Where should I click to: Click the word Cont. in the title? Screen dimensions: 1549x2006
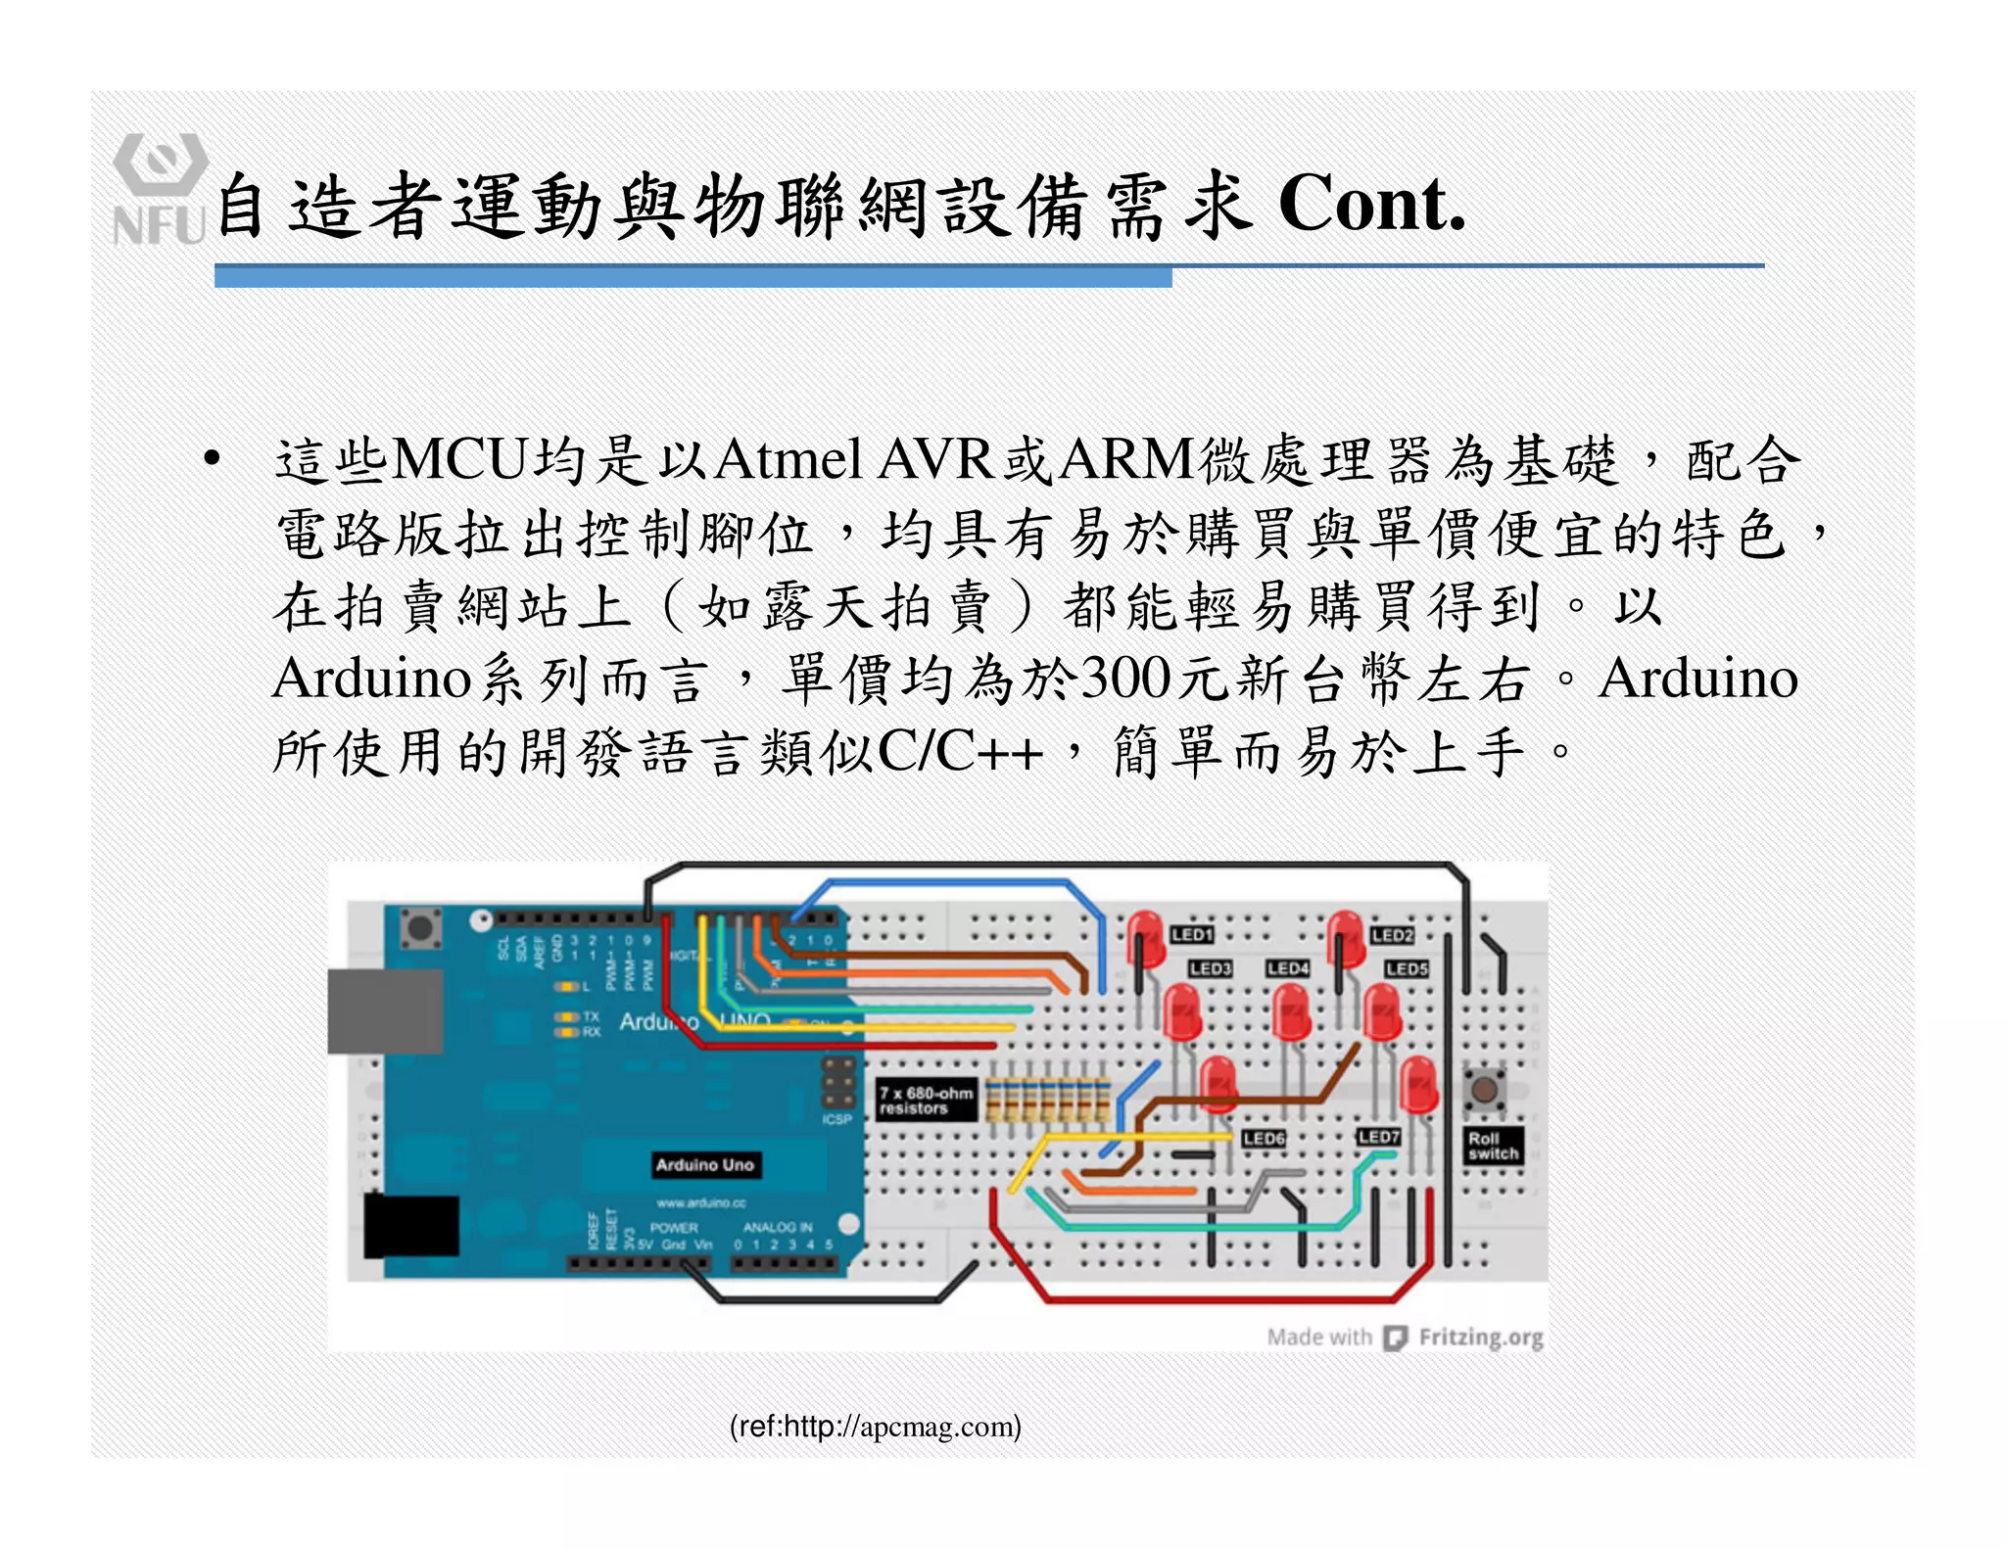[x=1371, y=205]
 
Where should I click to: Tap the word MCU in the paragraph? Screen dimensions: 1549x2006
[x=459, y=459]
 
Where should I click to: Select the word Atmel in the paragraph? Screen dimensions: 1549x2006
[x=788, y=459]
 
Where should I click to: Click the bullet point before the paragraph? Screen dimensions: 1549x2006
[x=212, y=459]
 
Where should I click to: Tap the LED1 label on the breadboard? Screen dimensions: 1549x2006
[x=1192, y=935]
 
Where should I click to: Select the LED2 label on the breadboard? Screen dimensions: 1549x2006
[x=1392, y=936]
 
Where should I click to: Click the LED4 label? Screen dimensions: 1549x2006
[x=1287, y=968]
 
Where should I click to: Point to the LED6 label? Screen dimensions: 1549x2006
[x=1264, y=1139]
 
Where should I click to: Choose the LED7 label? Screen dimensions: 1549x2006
[x=1378, y=1137]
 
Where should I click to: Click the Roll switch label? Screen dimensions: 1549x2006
[x=1492, y=1147]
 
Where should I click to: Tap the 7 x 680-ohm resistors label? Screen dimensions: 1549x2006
[x=927, y=1101]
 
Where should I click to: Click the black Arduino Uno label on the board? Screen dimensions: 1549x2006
[x=704, y=1165]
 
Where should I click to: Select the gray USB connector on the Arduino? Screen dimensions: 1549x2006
[x=384, y=1011]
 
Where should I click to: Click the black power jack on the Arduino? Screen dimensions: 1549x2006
[x=410, y=1226]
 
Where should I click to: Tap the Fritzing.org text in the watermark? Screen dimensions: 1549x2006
[x=1480, y=1338]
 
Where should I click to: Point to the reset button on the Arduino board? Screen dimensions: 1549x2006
[x=420, y=926]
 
